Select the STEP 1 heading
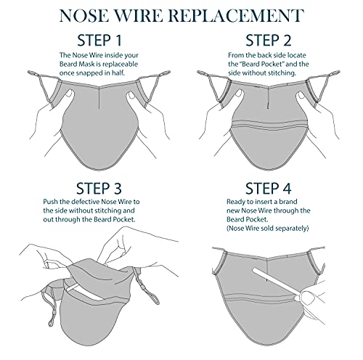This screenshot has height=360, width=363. click(x=99, y=41)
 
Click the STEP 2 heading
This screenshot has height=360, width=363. click(x=269, y=41)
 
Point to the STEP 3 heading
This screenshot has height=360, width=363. click(x=99, y=189)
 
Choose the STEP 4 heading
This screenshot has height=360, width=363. click(x=269, y=189)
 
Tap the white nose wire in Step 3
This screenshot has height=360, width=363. click(x=85, y=292)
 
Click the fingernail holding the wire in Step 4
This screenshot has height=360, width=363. click(x=308, y=298)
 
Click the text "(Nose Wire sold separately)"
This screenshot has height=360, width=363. click(x=268, y=229)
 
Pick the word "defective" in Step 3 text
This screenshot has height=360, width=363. click(x=86, y=202)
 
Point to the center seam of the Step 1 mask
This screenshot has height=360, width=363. click(x=99, y=97)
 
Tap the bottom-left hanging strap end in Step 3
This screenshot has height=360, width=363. click(x=51, y=321)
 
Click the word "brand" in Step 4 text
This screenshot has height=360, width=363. click(x=288, y=202)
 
